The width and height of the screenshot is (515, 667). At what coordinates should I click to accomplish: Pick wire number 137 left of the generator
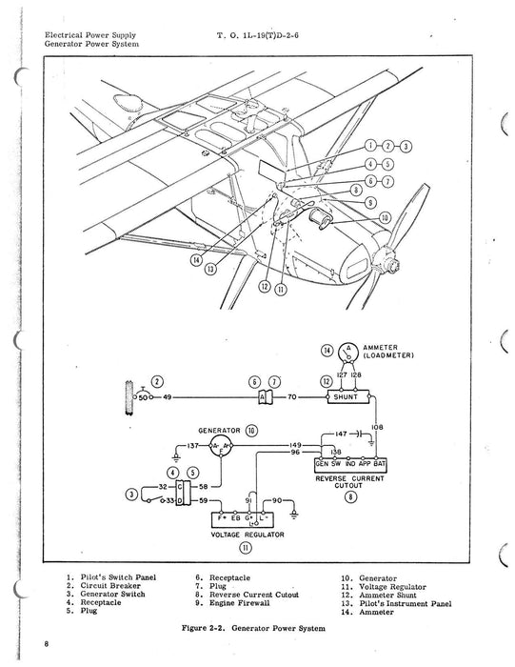194,444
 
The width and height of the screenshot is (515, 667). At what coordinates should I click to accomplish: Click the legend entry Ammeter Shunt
388,595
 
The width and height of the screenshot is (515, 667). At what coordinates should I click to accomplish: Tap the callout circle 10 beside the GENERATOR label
251,431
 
